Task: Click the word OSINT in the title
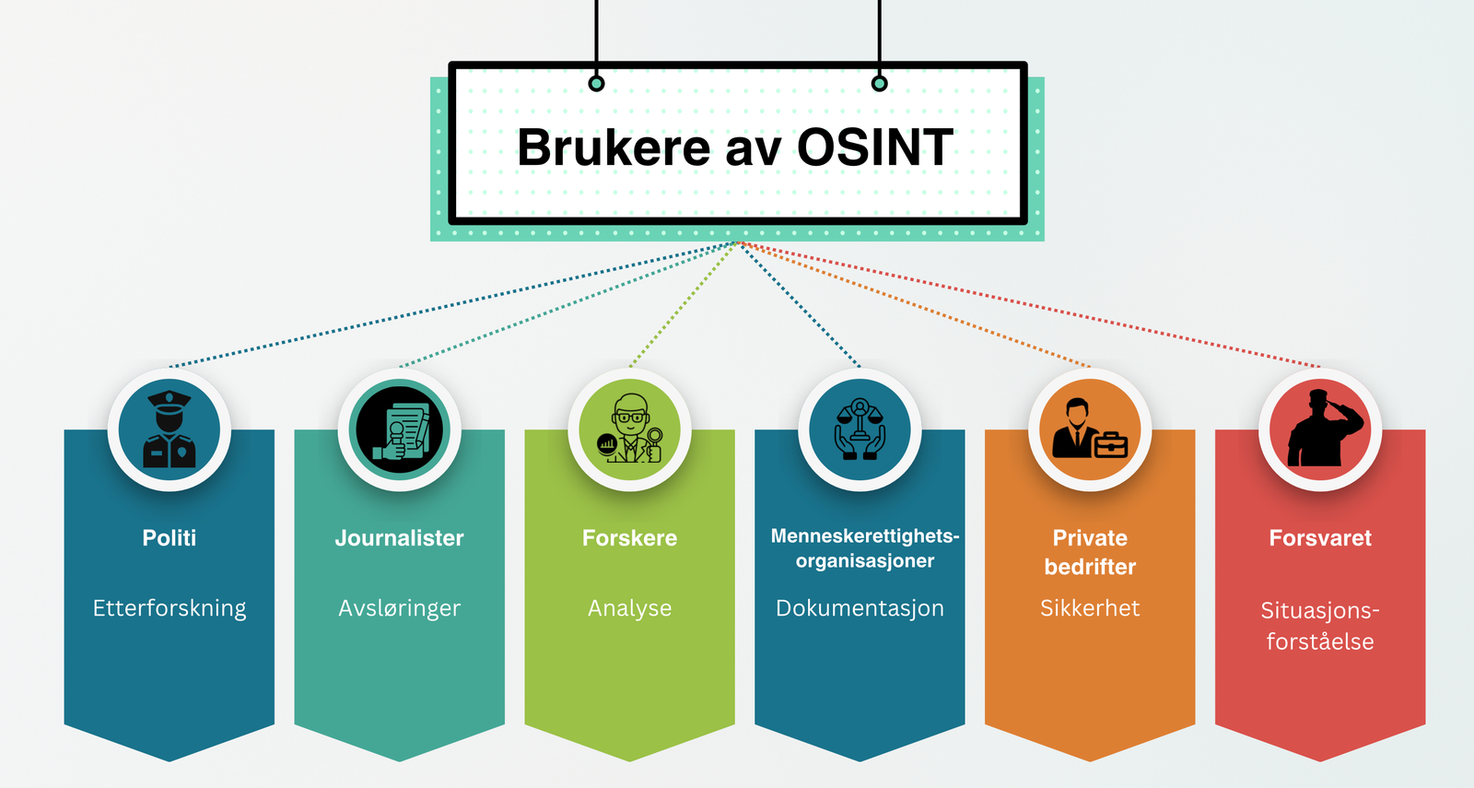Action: point(874,147)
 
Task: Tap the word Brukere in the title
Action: point(614,147)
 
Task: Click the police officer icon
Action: point(170,429)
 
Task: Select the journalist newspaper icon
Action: point(400,429)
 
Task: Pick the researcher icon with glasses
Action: point(630,429)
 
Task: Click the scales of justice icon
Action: point(860,429)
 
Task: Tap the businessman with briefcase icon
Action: point(1090,429)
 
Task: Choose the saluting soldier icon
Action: point(1320,429)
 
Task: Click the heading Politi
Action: point(170,538)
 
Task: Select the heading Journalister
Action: point(400,538)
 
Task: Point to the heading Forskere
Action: point(630,538)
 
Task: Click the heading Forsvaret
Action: point(1320,538)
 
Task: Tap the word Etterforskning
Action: point(170,608)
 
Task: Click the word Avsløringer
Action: point(400,608)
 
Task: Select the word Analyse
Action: point(630,608)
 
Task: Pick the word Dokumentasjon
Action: point(860,608)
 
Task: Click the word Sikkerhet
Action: point(1090,608)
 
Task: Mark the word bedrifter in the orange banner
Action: point(1090,567)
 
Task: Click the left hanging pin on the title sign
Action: point(597,84)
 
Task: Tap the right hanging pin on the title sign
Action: point(880,84)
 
